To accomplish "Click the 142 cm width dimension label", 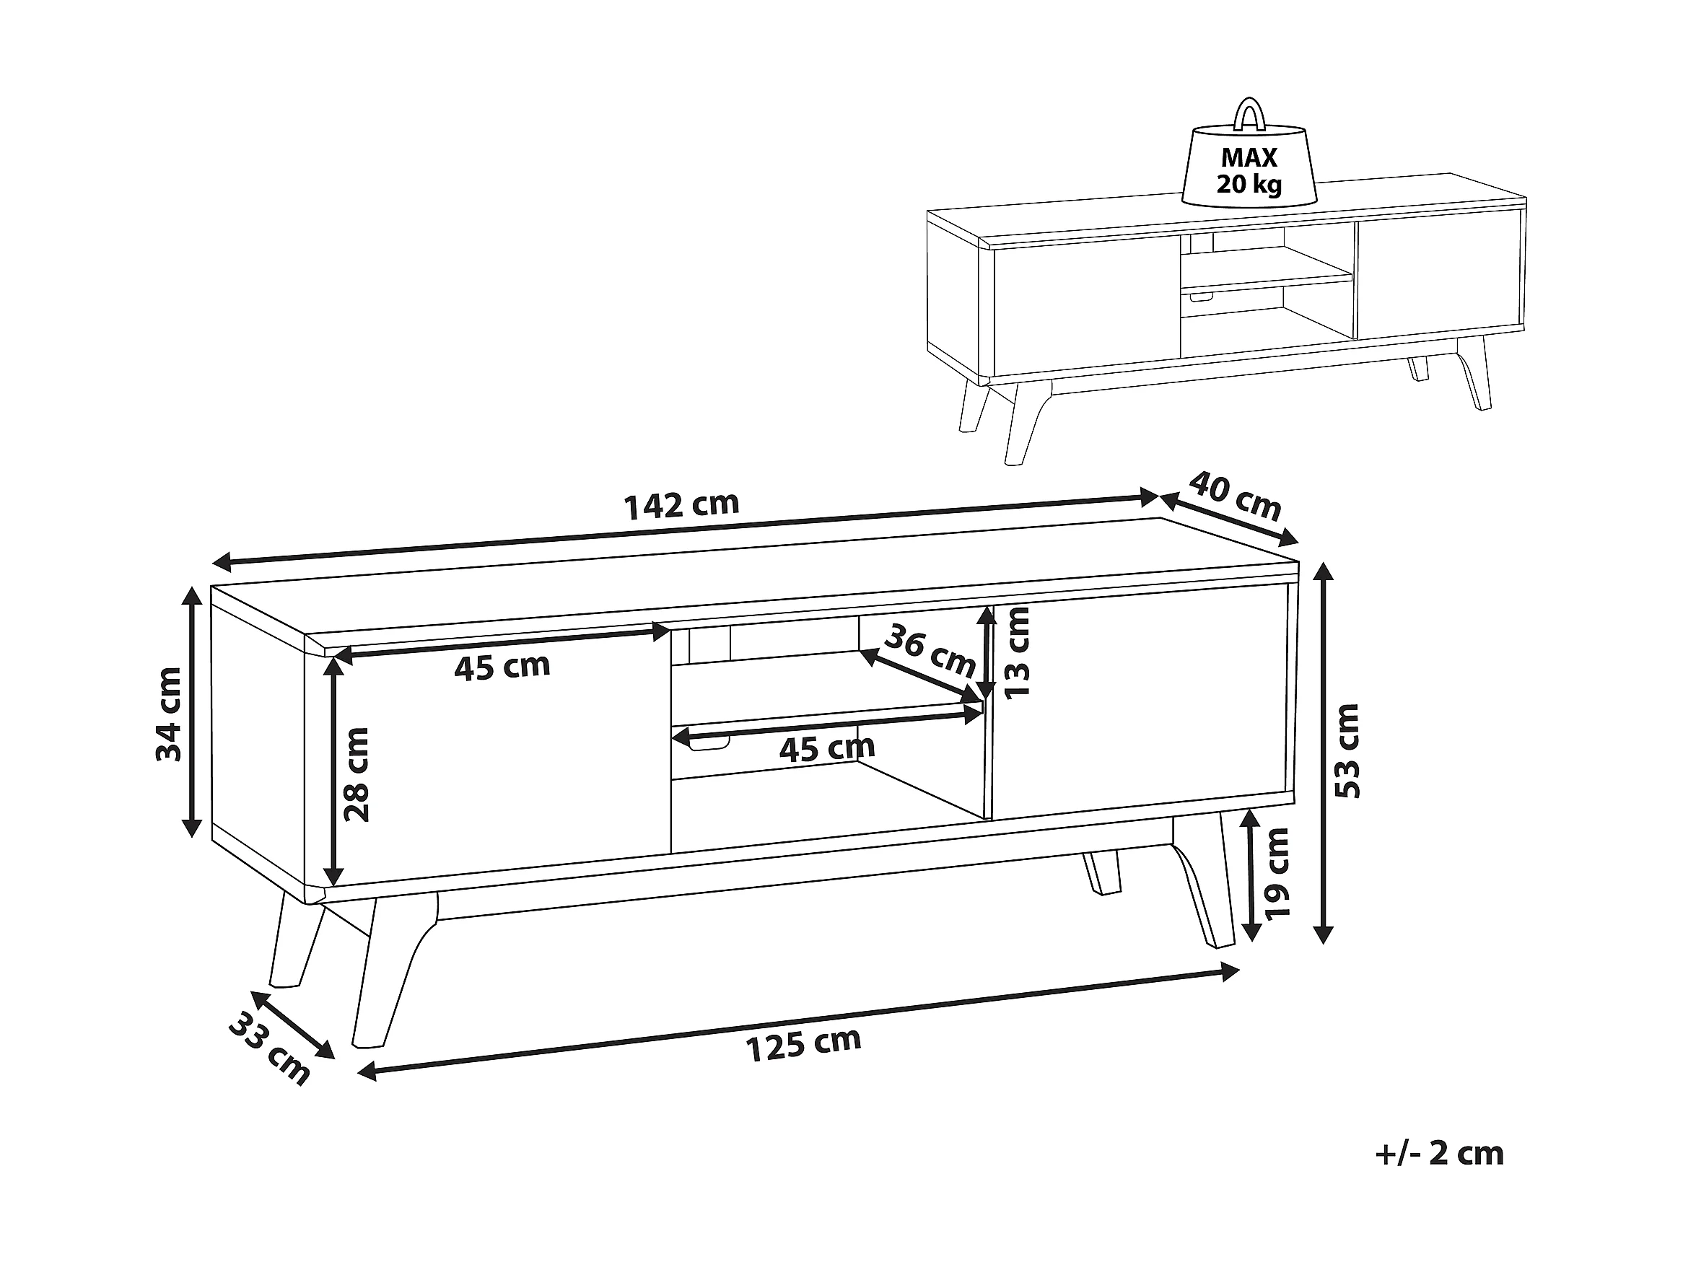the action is [682, 505].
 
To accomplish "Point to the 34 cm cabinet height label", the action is [168, 714].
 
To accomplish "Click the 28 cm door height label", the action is [356, 774].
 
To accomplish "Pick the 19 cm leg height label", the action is [1276, 872].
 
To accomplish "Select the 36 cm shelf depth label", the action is [930, 650].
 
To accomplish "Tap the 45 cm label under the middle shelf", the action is [827, 748].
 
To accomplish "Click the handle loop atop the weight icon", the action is [1249, 113].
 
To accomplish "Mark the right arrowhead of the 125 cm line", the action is [1230, 972].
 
